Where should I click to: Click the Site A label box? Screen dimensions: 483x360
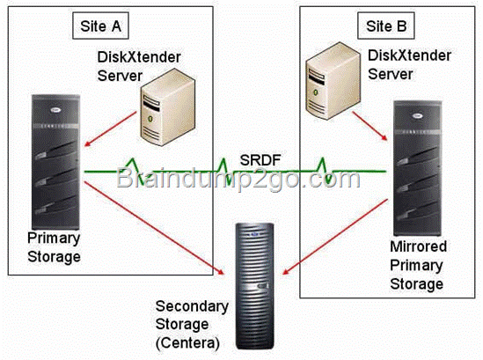point(100,26)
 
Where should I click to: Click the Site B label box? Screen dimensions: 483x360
point(386,26)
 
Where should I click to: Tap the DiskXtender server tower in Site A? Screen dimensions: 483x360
point(167,107)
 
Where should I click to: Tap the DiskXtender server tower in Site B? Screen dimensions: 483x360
point(333,81)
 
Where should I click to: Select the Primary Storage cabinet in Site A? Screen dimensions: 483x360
point(55,163)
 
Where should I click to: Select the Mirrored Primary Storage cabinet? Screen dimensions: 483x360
point(418,168)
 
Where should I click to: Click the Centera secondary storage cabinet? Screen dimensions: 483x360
point(255,286)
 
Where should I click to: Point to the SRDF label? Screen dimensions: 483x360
point(260,160)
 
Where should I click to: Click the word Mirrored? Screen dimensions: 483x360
point(418,246)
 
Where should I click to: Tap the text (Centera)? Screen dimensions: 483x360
point(187,343)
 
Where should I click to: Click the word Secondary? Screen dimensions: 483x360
point(192,306)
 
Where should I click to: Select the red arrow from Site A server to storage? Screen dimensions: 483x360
point(110,129)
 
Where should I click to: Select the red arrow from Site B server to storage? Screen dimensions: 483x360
point(370,126)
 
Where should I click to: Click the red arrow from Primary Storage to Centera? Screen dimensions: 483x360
point(154,228)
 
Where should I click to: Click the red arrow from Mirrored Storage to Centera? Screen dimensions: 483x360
point(335,237)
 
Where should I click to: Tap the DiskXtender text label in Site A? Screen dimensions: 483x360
point(139,57)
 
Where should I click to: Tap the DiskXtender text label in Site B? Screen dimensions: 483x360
point(409,55)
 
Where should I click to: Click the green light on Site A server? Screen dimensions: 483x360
point(150,118)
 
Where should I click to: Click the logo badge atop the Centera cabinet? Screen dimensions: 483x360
point(255,235)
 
